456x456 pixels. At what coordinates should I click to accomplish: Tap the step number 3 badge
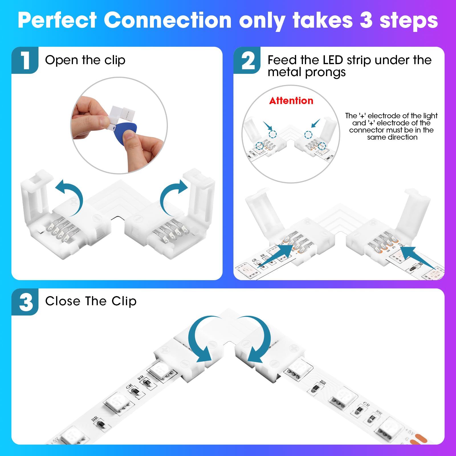click(x=26, y=302)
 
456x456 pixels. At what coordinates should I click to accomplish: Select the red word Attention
click(x=291, y=101)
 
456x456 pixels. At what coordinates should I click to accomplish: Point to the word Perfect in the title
click(x=57, y=21)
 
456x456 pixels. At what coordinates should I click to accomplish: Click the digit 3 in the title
click(x=366, y=21)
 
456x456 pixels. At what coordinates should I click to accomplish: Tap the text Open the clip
click(x=85, y=60)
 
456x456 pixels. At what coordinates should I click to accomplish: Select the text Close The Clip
click(x=91, y=301)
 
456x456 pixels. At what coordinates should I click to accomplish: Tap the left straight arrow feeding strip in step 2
click(x=275, y=256)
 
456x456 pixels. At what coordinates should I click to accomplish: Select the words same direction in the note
click(x=392, y=137)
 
